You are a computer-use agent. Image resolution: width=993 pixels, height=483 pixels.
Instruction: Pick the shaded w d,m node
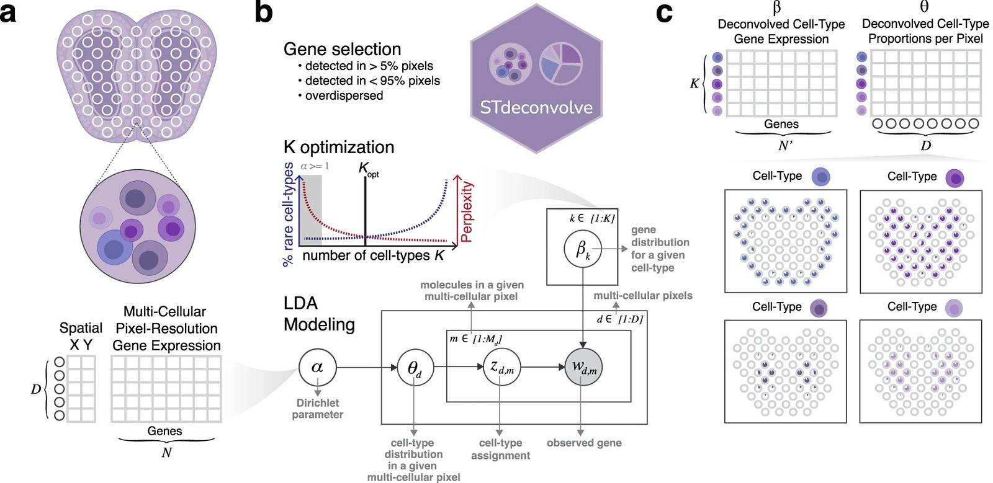point(583,367)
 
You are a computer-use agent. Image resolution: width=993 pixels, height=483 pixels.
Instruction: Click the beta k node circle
point(583,249)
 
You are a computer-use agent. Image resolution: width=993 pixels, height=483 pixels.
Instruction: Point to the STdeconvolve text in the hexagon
point(536,108)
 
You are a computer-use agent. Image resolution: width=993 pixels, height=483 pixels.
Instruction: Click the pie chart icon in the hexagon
point(561,64)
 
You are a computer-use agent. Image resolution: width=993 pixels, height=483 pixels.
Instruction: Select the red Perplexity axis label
point(467,211)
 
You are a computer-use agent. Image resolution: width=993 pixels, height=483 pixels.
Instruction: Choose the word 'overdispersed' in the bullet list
point(344,95)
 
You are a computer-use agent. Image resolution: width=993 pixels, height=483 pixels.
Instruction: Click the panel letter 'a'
point(8,13)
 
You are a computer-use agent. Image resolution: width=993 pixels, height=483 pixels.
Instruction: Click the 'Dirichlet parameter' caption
point(317,409)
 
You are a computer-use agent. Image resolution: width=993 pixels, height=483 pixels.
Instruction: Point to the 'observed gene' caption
point(584,443)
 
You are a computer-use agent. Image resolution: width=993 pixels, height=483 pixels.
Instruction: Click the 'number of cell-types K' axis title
point(373,255)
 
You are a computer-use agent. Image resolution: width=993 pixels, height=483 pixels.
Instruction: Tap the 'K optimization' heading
point(339,148)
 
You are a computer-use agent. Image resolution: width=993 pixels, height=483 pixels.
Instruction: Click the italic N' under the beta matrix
point(785,146)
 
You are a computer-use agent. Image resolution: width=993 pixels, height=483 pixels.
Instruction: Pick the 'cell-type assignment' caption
point(500,449)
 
